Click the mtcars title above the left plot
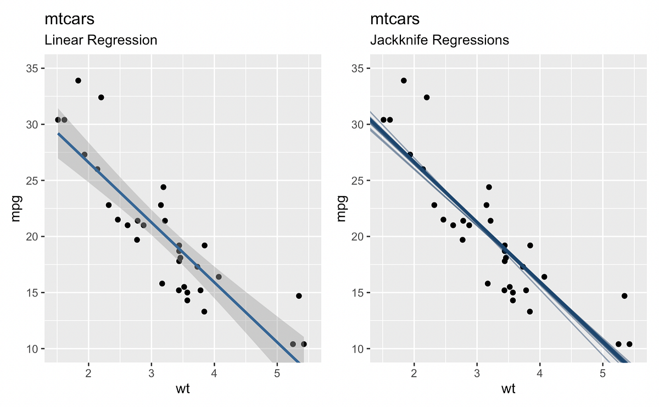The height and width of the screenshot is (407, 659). coord(69,19)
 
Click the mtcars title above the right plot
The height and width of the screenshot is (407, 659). coord(395,19)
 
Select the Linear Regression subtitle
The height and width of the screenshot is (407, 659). coord(100,40)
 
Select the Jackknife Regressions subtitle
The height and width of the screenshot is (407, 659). coord(439,40)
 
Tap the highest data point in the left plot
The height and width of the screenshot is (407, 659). coord(78,81)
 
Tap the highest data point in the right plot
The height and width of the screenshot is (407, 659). coord(404,81)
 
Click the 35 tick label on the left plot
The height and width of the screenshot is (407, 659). coord(34,69)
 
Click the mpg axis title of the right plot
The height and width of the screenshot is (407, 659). coord(341,208)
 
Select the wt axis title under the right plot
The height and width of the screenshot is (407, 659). coord(508,390)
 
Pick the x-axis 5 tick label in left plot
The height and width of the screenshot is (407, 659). coord(277,375)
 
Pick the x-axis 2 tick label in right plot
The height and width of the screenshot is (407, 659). coord(414,375)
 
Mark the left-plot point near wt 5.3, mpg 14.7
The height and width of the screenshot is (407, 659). coord(299,296)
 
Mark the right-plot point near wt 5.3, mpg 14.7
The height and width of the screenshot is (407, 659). coord(624,296)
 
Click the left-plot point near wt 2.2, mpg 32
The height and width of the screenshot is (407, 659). coord(101,97)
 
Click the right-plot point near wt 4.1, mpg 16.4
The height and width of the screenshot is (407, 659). coord(544,277)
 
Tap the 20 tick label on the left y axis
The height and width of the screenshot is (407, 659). coord(34,237)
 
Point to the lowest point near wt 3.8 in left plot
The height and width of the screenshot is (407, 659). coord(204,311)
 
